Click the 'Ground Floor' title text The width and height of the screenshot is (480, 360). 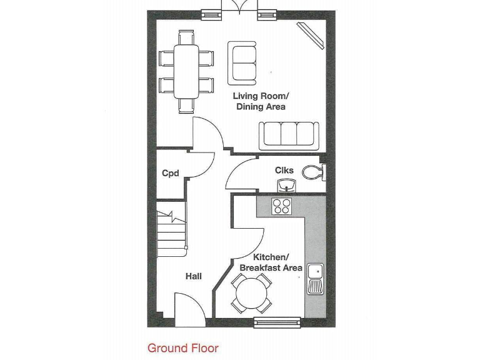183,348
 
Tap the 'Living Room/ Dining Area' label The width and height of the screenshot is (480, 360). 261,101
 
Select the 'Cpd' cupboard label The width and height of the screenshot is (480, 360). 171,173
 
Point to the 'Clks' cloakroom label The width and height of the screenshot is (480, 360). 284,170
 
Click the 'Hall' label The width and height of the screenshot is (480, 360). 193,276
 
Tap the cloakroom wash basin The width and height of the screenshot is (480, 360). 286,184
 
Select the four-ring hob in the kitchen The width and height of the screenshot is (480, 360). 281,206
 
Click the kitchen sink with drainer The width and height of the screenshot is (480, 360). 314,278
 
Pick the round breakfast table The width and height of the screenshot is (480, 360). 252,292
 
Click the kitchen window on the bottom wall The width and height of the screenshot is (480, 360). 277,322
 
